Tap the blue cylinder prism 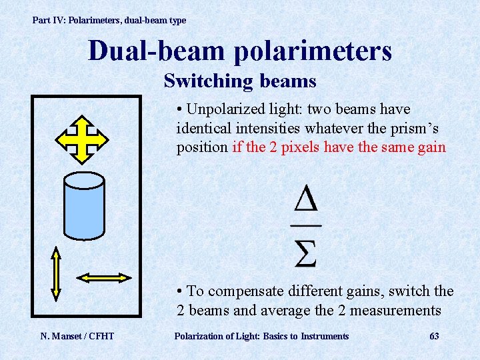(83, 207)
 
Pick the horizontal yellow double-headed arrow (104, 277)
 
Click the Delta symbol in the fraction (305, 200)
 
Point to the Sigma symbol (305, 251)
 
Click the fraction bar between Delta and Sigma (305, 225)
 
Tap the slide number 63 (434, 336)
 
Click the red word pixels (296, 147)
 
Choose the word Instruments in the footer (325, 336)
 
